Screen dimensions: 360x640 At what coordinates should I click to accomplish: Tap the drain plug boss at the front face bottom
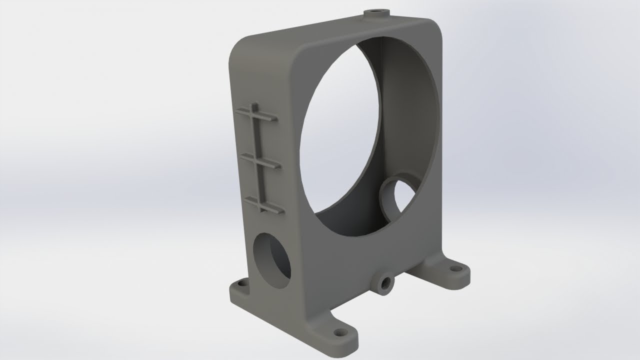pyautogui.click(x=385, y=283)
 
